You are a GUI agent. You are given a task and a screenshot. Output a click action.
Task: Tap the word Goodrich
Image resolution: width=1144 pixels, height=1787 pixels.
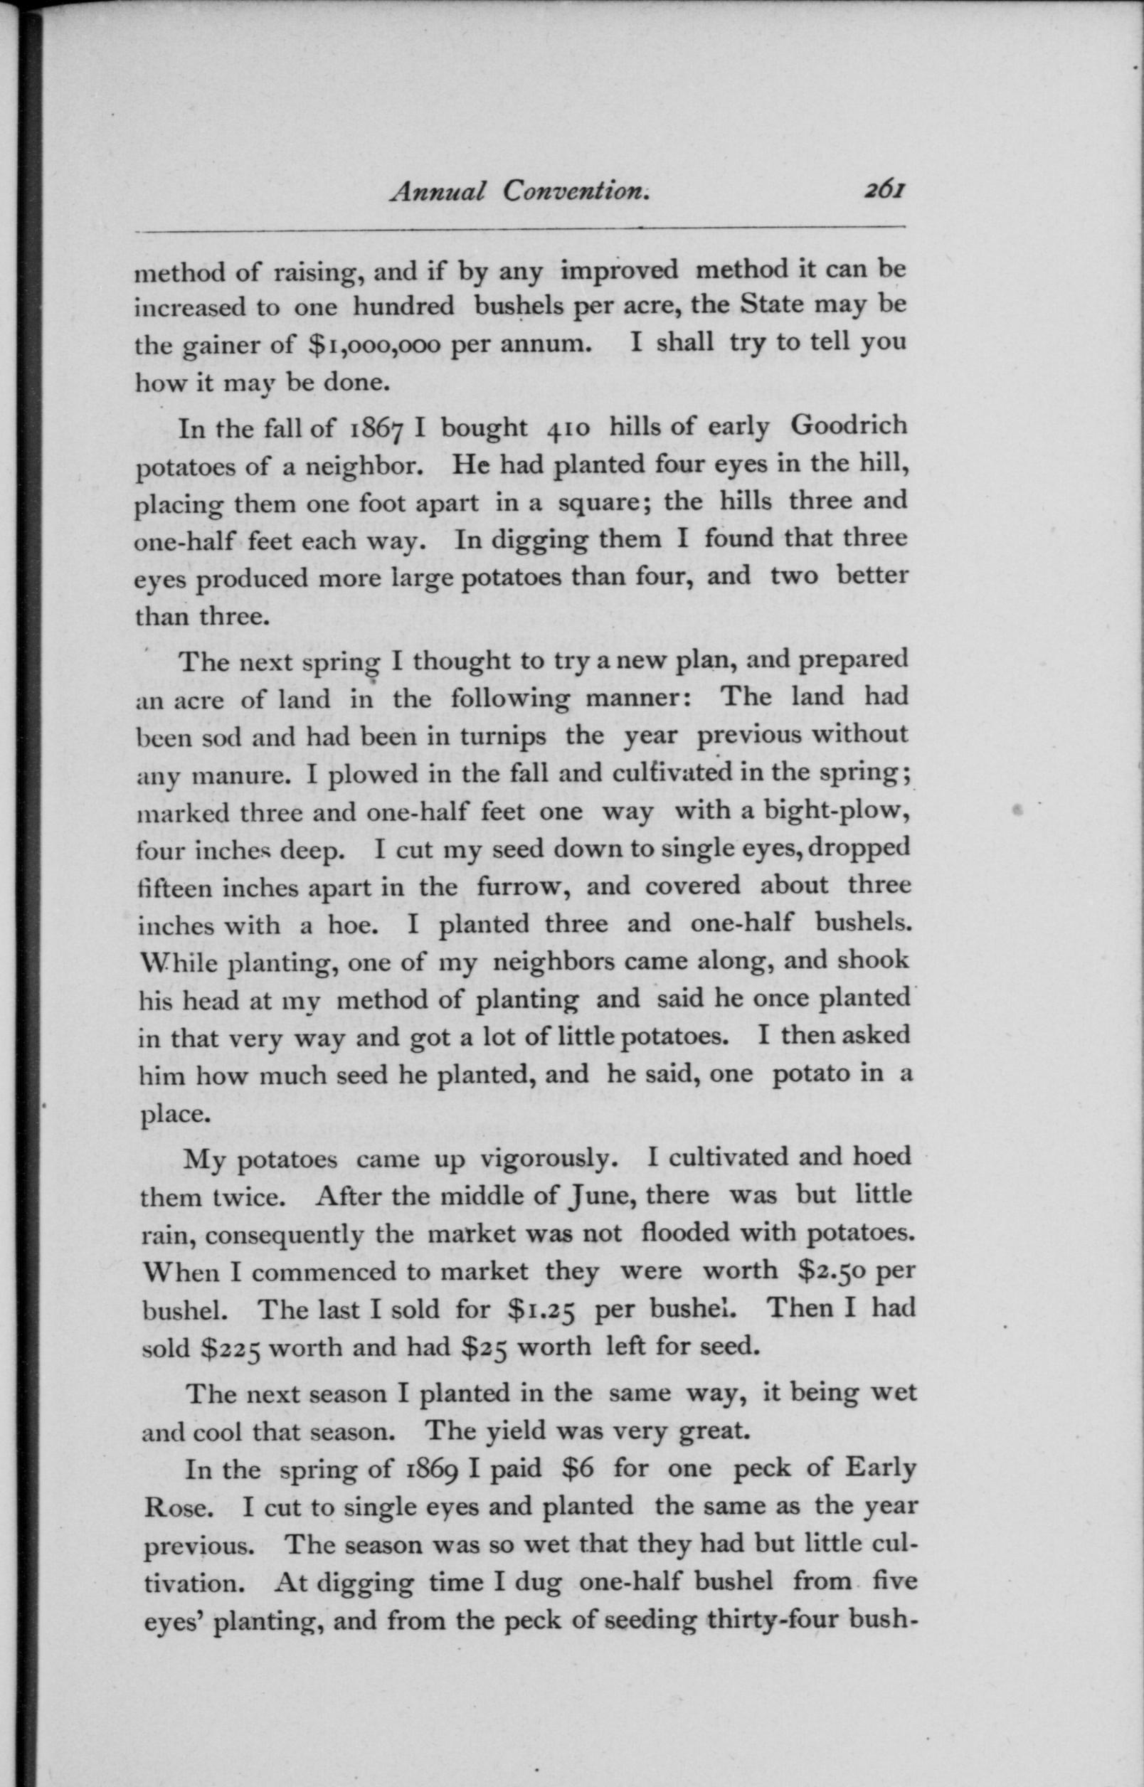(x=848, y=425)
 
